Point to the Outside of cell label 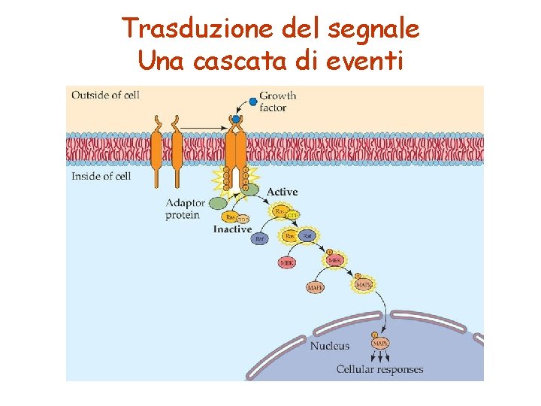click(105, 95)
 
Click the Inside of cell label click(101, 176)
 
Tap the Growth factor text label click(277, 101)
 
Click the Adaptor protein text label click(185, 209)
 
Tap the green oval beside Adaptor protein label click(218, 203)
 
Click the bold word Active click(282, 192)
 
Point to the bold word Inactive click(232, 229)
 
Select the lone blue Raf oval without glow click(260, 239)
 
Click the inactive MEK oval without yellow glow click(287, 263)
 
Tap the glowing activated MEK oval click(336, 260)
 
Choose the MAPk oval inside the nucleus click(380, 344)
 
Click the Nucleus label click(330, 346)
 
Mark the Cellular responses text click(379, 369)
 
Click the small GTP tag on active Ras click(293, 216)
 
